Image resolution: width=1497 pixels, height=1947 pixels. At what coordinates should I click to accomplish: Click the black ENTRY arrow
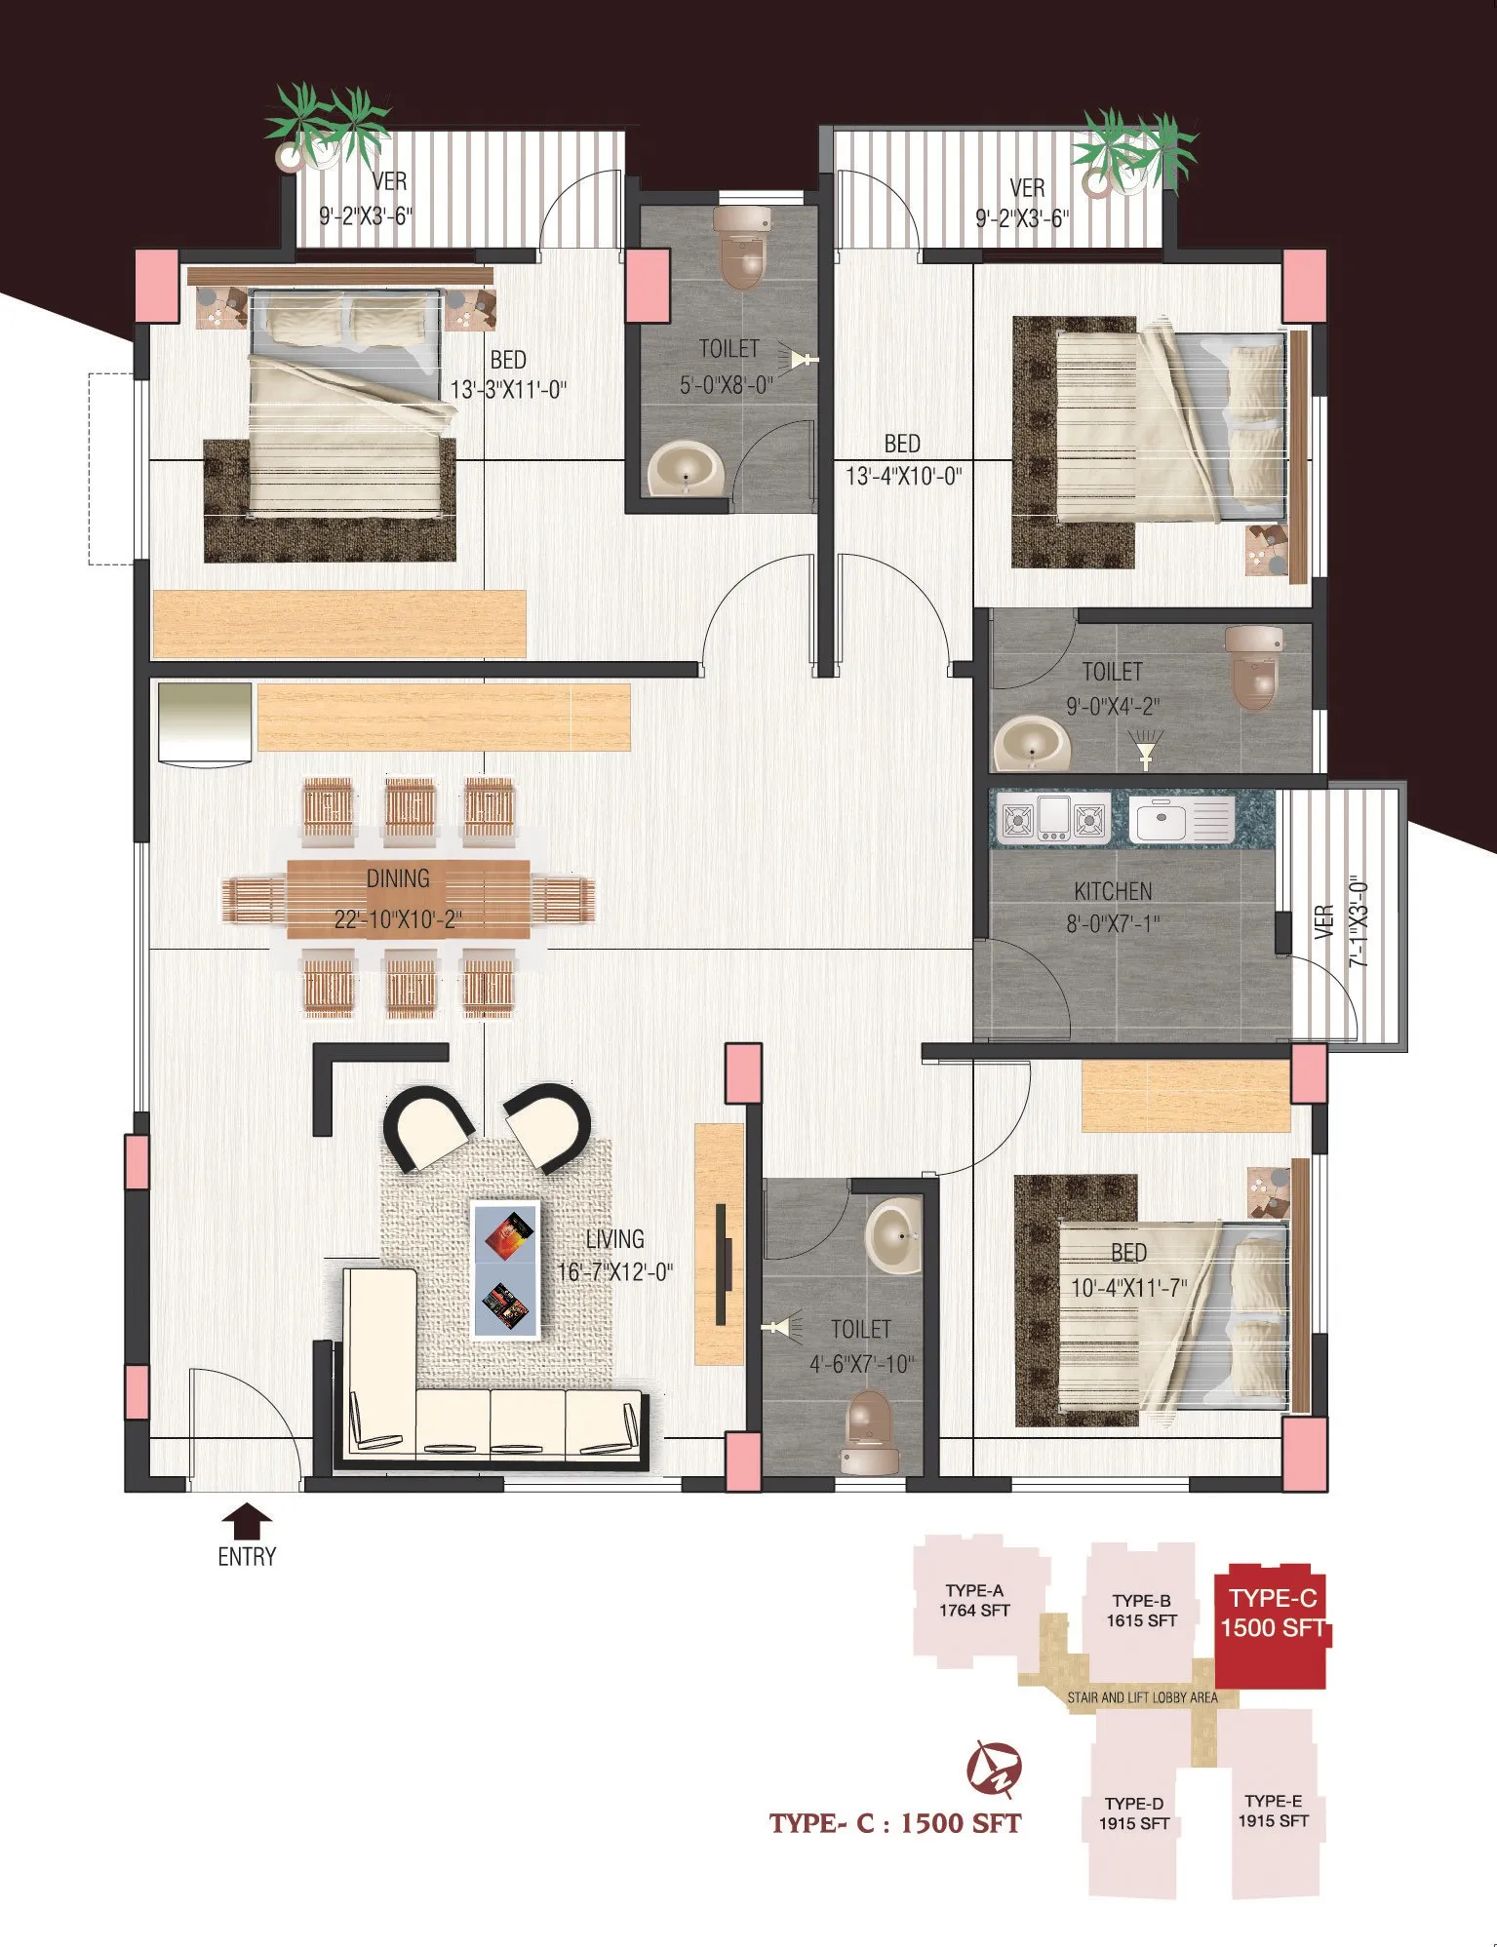coord(248,1520)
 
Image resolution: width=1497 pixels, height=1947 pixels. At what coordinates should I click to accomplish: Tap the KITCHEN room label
coord(1113,891)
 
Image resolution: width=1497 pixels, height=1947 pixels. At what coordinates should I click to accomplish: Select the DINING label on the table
coord(398,878)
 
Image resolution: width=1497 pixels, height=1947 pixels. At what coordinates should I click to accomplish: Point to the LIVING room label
coord(614,1238)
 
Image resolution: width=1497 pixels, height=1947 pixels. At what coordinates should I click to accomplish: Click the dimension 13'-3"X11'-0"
coord(508,390)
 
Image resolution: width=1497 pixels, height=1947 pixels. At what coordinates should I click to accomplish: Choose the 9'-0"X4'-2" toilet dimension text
coord(1113,706)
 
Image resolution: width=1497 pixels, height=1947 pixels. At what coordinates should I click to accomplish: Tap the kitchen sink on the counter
coord(1182,818)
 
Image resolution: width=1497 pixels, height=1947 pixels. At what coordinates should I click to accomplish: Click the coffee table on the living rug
coord(505,1269)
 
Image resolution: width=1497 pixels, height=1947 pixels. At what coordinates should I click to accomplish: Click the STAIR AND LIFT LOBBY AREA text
coord(1142,1697)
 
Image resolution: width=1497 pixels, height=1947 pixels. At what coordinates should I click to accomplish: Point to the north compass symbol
coord(994,1767)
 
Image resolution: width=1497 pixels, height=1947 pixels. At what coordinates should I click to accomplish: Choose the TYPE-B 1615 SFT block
coord(1141,1609)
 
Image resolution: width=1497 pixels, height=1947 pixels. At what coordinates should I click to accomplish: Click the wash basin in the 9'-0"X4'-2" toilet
coord(1032,745)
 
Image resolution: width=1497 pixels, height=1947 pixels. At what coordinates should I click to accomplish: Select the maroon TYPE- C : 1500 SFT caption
coord(894,1823)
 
